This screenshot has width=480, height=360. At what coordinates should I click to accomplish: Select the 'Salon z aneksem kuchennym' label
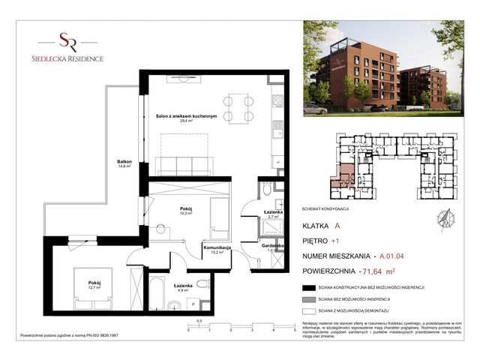click(x=186, y=117)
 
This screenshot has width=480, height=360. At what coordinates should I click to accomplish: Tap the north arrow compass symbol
click(x=443, y=219)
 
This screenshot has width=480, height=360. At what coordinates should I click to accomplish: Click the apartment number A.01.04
click(x=397, y=256)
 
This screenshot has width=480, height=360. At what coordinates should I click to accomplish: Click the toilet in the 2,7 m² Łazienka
click(x=266, y=190)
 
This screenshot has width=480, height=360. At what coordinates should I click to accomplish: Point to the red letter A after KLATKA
click(x=338, y=226)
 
